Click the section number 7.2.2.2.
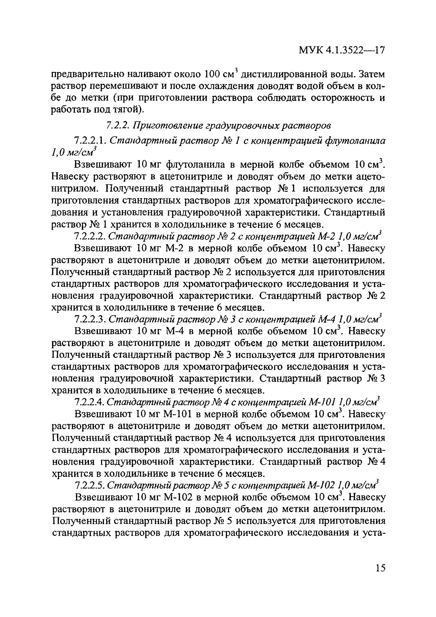click(x=91, y=236)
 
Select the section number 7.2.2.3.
click(x=91, y=319)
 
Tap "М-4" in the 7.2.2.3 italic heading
click(x=327, y=319)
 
